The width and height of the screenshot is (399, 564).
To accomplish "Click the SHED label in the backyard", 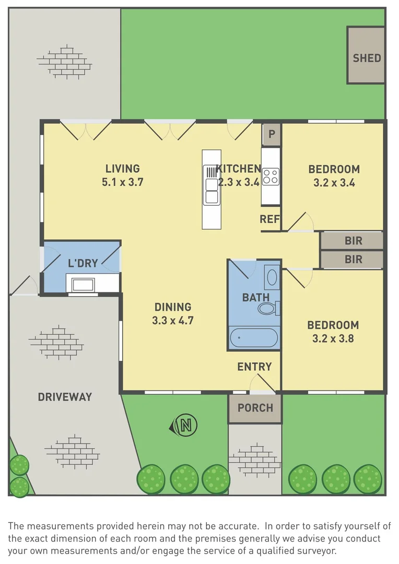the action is [x=367, y=58].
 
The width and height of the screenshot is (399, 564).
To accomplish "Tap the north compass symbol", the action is [x=184, y=425].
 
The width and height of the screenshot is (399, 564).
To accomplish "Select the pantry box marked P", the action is [x=272, y=134].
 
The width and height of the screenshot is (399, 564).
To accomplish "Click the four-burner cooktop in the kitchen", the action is [x=271, y=177].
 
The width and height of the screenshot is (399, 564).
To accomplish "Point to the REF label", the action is [x=269, y=219].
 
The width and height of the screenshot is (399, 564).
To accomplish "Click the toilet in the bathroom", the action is [x=269, y=308].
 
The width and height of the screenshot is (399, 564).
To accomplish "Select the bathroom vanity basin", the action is [x=272, y=277].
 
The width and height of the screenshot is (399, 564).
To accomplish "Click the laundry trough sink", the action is [x=83, y=285].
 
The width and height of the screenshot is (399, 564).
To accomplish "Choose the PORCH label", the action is [x=255, y=408].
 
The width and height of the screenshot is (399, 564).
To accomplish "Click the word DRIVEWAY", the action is [x=65, y=397].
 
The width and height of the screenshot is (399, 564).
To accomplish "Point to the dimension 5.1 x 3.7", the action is [x=122, y=182].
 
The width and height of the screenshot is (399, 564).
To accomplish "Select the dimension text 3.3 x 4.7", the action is [x=173, y=320].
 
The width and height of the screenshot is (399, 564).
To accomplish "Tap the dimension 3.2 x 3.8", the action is [x=333, y=338].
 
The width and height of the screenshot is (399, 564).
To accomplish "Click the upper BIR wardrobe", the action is [x=351, y=241].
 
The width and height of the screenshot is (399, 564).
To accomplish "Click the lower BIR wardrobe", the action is [x=351, y=260].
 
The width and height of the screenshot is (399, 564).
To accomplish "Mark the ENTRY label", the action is [x=254, y=367].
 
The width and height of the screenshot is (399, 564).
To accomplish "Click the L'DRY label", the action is [x=83, y=263].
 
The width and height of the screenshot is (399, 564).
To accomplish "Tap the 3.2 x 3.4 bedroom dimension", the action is [x=334, y=182].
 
